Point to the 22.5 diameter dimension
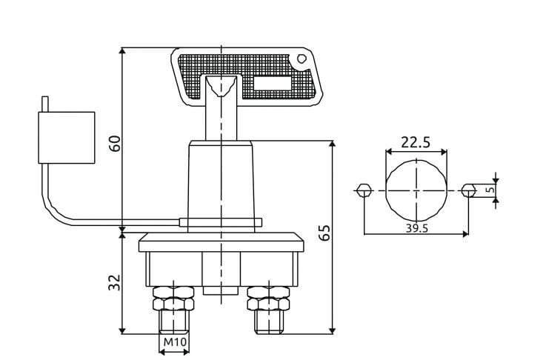click(x=416, y=141)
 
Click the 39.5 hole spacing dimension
click(x=416, y=228)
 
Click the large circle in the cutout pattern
click(x=416, y=190)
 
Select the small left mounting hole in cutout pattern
click(x=364, y=190)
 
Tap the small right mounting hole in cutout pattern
click(x=467, y=190)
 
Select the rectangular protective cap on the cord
click(x=66, y=137)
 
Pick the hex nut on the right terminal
click(x=268, y=303)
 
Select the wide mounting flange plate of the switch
click(x=221, y=242)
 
